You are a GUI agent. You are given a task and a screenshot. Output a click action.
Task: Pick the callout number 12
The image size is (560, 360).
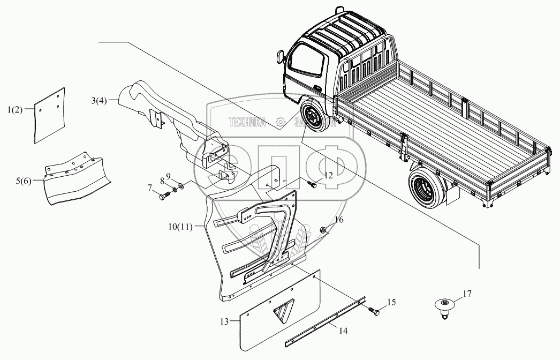[328, 175]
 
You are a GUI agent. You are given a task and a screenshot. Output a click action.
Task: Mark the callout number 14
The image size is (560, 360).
[343, 331]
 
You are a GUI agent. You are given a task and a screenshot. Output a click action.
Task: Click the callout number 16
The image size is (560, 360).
[339, 220]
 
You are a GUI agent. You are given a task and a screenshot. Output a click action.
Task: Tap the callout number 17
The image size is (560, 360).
[467, 294]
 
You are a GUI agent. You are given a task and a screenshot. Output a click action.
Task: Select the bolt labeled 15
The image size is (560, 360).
[374, 310]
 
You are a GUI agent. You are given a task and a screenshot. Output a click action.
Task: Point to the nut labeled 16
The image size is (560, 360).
[324, 231]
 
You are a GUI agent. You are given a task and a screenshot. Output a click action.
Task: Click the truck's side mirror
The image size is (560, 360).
[280, 56]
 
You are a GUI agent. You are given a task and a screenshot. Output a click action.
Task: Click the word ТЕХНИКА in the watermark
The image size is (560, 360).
[248, 123]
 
